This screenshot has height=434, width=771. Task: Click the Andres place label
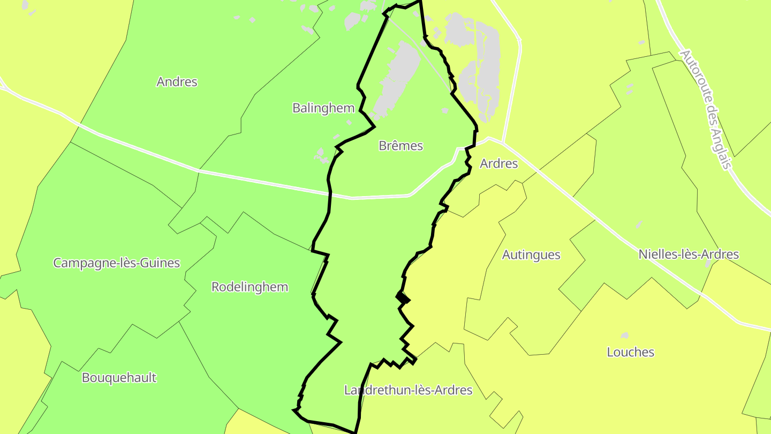point(177,82)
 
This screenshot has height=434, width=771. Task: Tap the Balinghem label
point(323,108)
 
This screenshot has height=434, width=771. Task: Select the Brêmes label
point(400,146)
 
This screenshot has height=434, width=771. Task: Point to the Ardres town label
point(498,164)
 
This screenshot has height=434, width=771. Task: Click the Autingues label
point(531,255)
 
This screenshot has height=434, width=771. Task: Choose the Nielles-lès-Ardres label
point(689,255)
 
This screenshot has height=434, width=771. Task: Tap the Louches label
point(630,353)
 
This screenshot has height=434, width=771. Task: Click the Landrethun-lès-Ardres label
point(408,390)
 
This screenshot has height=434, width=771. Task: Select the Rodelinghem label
point(250,287)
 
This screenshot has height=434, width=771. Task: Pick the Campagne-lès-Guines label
point(116,263)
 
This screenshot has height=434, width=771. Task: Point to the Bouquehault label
point(119,378)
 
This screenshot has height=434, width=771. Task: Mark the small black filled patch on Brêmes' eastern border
point(403,297)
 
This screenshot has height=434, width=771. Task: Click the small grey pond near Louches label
point(624,336)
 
